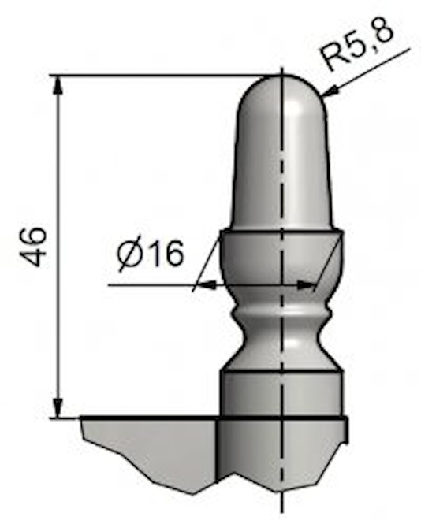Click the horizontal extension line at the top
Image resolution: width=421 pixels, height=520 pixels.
tap(158, 76)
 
